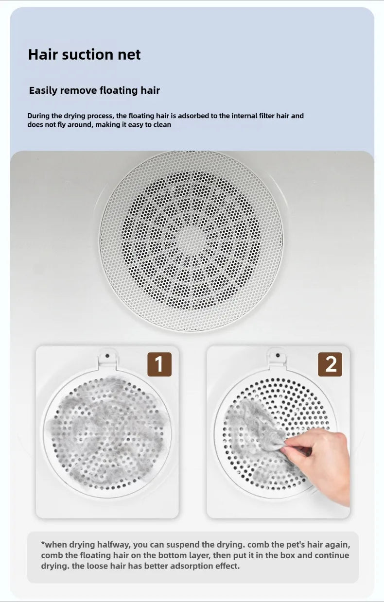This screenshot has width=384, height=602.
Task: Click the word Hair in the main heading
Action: coord(43,54)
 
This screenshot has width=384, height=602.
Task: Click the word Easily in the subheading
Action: coord(43,90)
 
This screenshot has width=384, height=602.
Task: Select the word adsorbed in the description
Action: coord(193,116)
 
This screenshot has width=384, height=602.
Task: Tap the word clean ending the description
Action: coord(162,125)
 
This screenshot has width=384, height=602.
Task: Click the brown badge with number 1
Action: coord(159,364)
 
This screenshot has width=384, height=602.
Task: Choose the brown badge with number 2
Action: coord(330,364)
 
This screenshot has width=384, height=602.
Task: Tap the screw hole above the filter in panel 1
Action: coord(107,356)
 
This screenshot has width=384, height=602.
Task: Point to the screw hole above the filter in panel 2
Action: coord(278,356)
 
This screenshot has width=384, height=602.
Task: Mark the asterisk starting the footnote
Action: coord(43,543)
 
